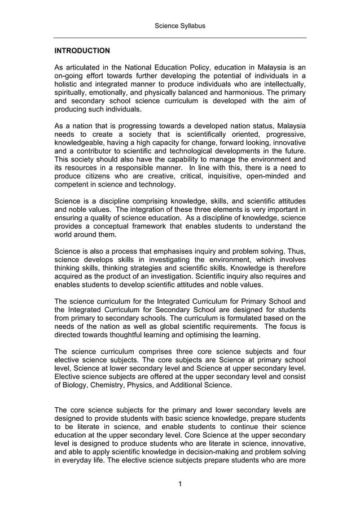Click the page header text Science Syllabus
[180, 26]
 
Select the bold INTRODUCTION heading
[82, 51]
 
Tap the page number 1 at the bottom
[179, 483]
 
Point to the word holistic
[67, 84]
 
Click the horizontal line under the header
[180, 38]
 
